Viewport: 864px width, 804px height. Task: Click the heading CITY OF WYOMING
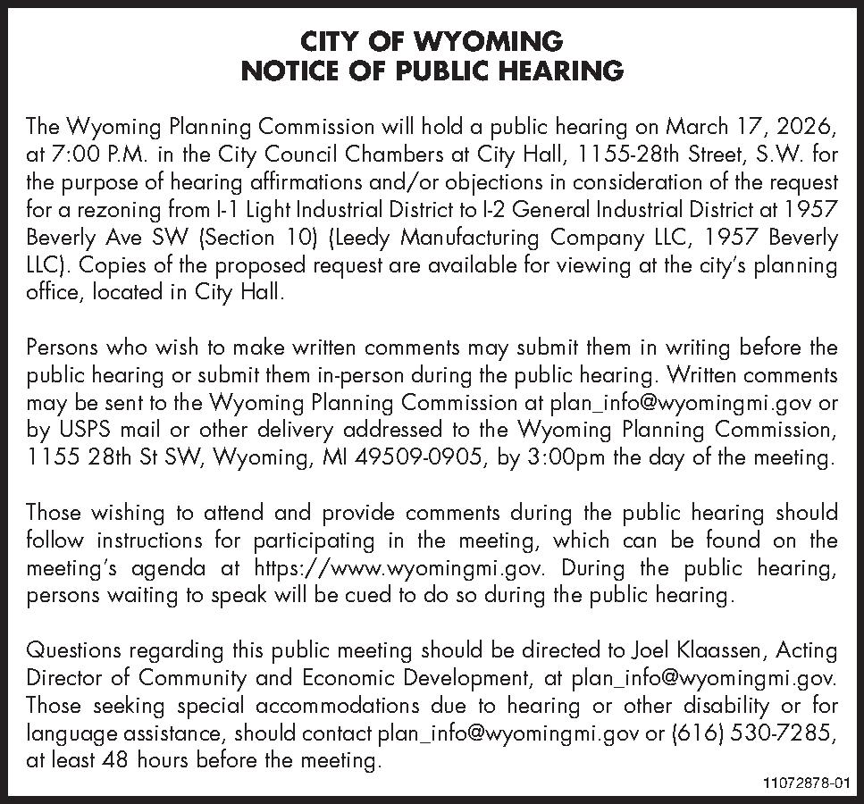pyautogui.click(x=432, y=41)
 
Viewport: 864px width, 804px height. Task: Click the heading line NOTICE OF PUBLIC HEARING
pyautogui.click(x=432, y=71)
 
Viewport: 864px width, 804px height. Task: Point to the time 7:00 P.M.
pyautogui.click(x=77, y=154)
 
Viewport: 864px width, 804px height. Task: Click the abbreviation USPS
pyautogui.click(x=83, y=431)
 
